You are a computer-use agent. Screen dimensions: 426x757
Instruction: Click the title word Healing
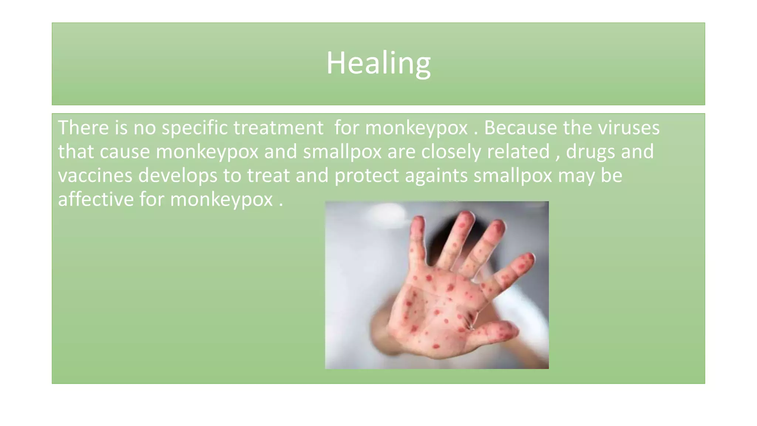tap(378, 63)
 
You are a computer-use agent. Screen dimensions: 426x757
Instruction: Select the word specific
tap(194, 128)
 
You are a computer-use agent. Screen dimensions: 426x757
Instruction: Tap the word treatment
tap(278, 128)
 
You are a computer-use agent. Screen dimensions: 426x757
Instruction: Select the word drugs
tap(590, 152)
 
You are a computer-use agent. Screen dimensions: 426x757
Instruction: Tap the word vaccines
tap(95, 176)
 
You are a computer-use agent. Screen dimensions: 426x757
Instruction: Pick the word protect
tap(366, 176)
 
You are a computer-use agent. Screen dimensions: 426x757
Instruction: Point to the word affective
tap(96, 200)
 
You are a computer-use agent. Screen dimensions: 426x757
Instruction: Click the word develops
tap(177, 176)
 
